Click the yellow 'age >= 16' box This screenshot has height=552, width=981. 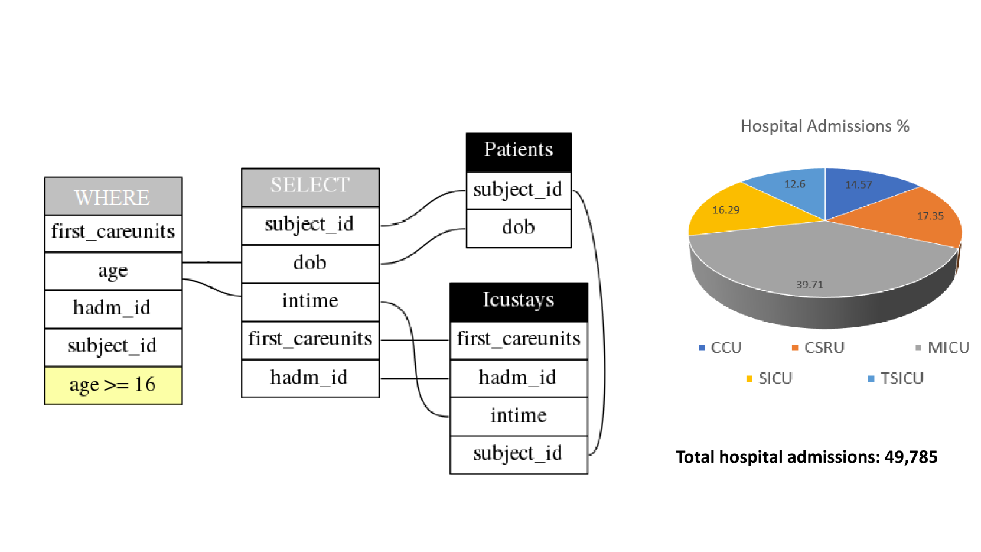[x=113, y=385]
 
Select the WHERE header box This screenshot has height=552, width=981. [x=113, y=197]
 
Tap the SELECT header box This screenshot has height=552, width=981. [x=310, y=187]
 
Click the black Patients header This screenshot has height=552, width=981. [x=519, y=151]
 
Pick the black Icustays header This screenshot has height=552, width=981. [x=519, y=301]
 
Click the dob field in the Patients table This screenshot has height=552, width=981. [x=519, y=228]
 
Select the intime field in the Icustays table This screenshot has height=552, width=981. [x=519, y=416]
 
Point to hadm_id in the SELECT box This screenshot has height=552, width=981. [x=310, y=378]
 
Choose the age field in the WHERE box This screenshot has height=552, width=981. [x=113, y=271]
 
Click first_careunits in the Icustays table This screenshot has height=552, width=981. [x=519, y=339]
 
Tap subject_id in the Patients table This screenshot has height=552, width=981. [x=519, y=190]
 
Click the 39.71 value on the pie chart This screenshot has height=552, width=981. [x=809, y=284]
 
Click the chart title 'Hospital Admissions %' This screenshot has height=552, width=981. [x=824, y=126]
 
